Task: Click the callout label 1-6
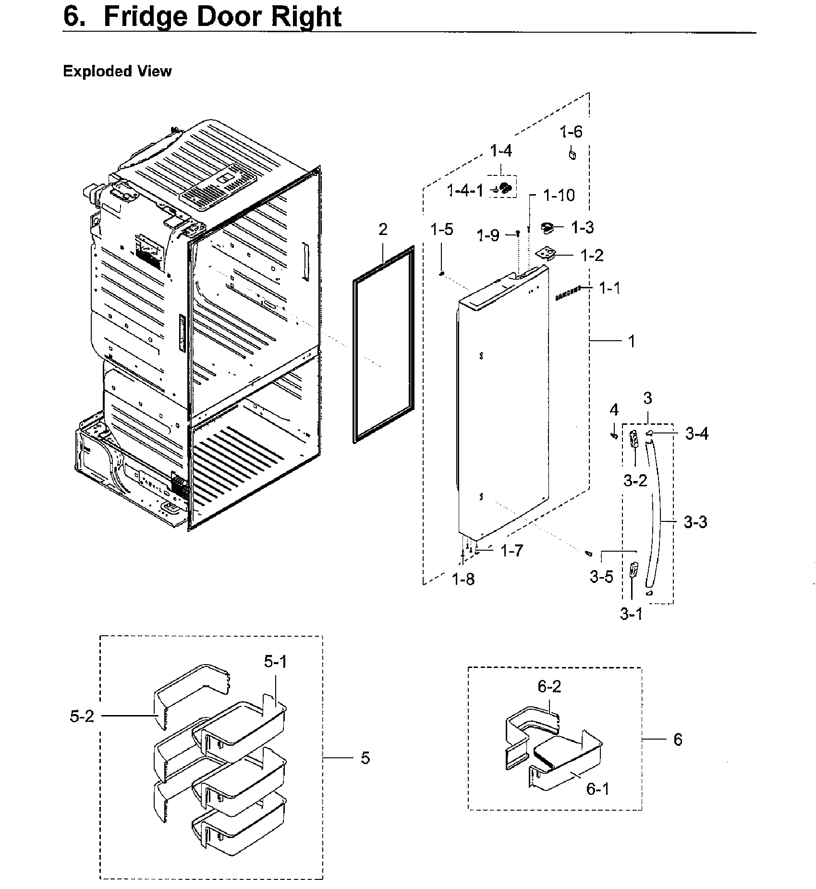click(571, 131)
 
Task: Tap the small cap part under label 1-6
click(572, 155)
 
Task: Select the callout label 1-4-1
click(465, 191)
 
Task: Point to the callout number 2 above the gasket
click(383, 229)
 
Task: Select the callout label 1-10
click(559, 195)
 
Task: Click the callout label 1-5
click(441, 229)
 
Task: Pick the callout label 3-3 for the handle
click(695, 522)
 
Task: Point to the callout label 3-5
click(601, 577)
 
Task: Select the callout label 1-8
click(463, 580)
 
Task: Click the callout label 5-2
click(82, 716)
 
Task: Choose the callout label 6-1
click(597, 789)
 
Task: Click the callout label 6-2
click(549, 687)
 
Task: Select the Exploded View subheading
click(117, 71)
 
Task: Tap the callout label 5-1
click(275, 662)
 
